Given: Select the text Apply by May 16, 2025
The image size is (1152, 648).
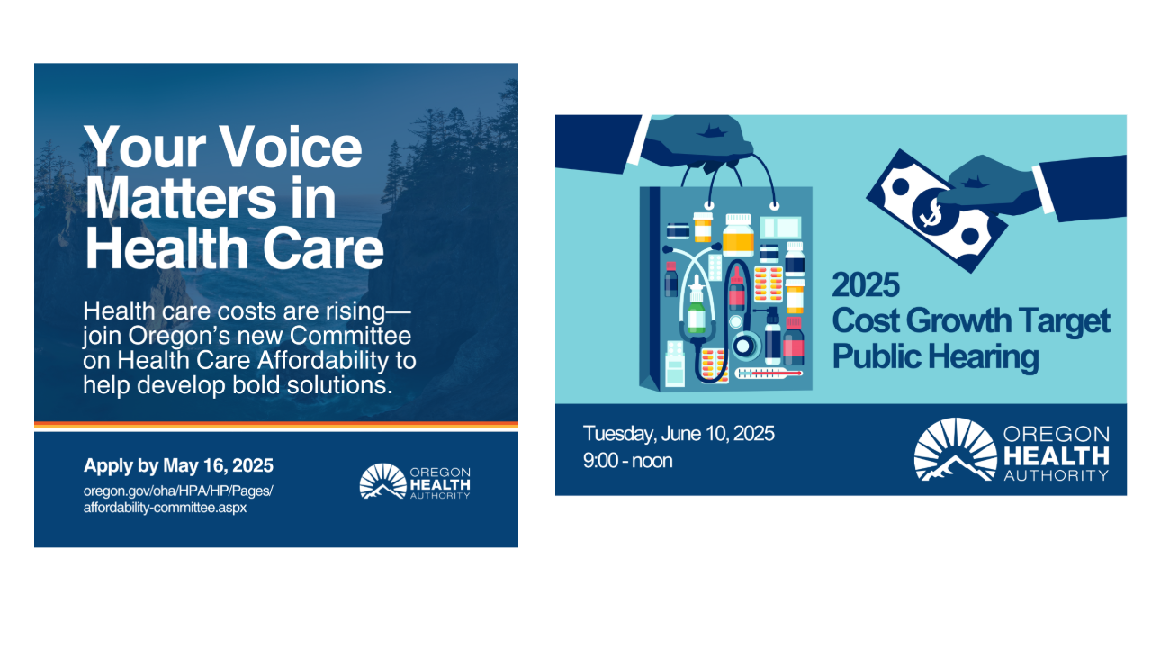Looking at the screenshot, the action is tap(178, 465).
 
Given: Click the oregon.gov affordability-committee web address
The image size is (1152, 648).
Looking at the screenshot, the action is tap(178, 499).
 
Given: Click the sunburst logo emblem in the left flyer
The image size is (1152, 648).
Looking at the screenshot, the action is tap(382, 481).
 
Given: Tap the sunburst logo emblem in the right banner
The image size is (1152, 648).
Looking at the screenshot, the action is tap(956, 449).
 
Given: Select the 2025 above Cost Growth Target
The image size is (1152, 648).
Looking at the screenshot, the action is tap(866, 285).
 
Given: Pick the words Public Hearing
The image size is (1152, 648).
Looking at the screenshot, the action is tap(935, 357).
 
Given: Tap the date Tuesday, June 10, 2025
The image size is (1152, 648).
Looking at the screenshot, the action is tap(679, 434).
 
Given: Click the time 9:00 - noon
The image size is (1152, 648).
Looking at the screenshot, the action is tap(627, 460).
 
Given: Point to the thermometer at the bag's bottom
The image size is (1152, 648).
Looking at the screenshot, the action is tap(769, 373).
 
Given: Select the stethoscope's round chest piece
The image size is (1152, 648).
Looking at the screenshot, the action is tap(744, 346).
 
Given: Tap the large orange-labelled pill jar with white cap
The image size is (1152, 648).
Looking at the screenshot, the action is tap(738, 235).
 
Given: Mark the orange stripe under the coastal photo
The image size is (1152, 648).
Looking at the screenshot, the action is tap(276, 425).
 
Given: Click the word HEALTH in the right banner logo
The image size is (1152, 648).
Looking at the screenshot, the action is tap(1057, 455).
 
